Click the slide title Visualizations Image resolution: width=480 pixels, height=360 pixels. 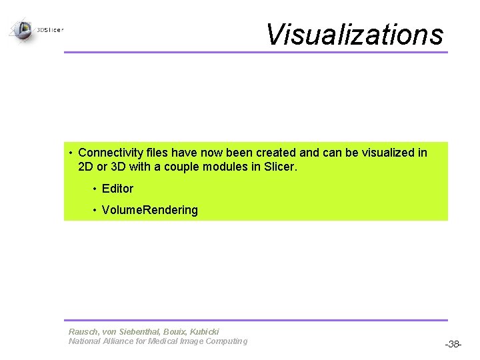(354, 34)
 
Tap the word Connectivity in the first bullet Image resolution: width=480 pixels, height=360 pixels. (111, 153)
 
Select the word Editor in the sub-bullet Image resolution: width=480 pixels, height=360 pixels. (117, 189)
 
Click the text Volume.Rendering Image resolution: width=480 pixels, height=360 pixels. (149, 210)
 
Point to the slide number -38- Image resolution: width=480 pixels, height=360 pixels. (453, 344)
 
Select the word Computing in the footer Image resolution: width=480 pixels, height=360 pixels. (225, 341)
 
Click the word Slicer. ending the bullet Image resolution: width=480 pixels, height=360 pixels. (281, 167)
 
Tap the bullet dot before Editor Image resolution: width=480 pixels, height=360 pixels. (95, 189)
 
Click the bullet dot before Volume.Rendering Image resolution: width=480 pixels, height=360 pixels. (95, 210)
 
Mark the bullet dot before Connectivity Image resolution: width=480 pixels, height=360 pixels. (71, 153)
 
